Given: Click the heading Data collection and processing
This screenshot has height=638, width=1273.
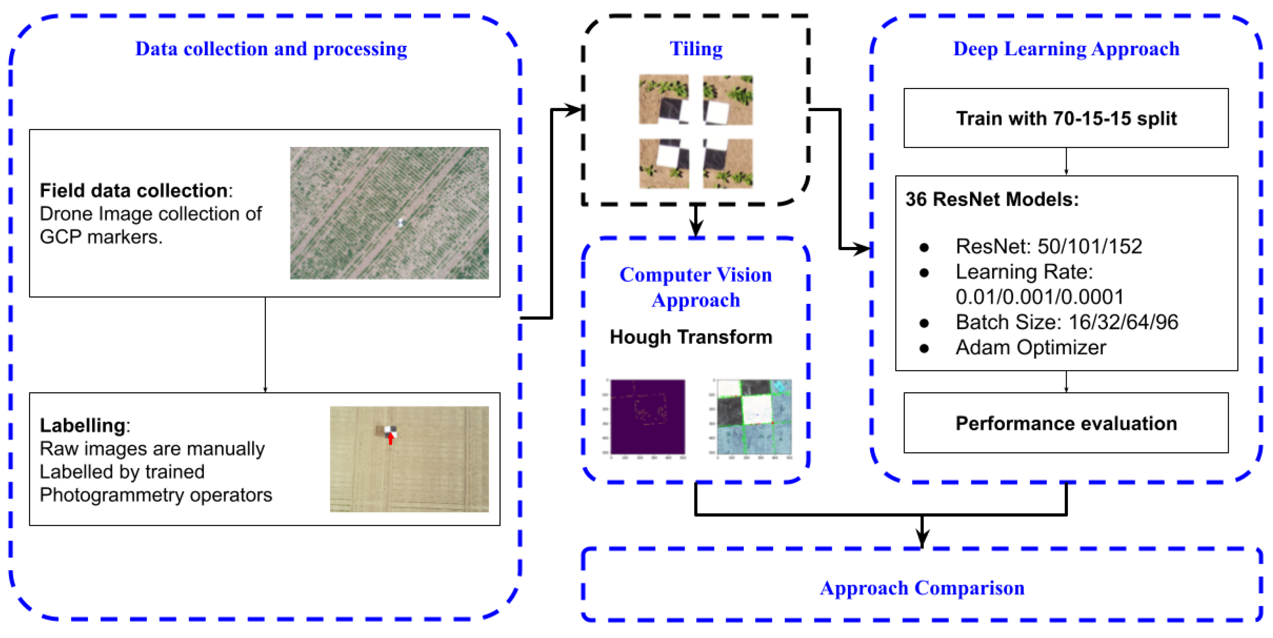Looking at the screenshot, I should (271, 49).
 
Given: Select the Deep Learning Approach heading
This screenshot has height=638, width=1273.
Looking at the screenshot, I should (1066, 49).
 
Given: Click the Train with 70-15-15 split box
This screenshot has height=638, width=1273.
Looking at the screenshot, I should (1066, 118).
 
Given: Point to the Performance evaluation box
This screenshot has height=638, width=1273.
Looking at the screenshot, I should (1066, 423).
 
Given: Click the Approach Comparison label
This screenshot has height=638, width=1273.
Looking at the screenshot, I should (922, 588).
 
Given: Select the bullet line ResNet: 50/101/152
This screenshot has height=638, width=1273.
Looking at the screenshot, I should (1048, 246).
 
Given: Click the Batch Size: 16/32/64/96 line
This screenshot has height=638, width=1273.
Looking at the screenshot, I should (1067, 322).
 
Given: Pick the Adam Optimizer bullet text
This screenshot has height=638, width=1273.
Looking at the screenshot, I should (1030, 347).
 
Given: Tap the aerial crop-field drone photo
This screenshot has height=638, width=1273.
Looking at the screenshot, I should (389, 213).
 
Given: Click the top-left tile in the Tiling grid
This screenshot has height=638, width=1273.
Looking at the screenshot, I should (663, 100).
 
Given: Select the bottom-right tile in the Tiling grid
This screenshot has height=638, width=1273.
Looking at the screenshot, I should (727, 164).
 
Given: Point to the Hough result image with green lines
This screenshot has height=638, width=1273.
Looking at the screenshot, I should (754, 417).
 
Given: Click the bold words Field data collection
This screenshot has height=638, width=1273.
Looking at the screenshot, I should (133, 190).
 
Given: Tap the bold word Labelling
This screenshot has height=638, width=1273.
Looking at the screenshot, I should (83, 425).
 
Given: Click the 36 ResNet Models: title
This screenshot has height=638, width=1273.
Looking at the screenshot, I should (992, 199).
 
